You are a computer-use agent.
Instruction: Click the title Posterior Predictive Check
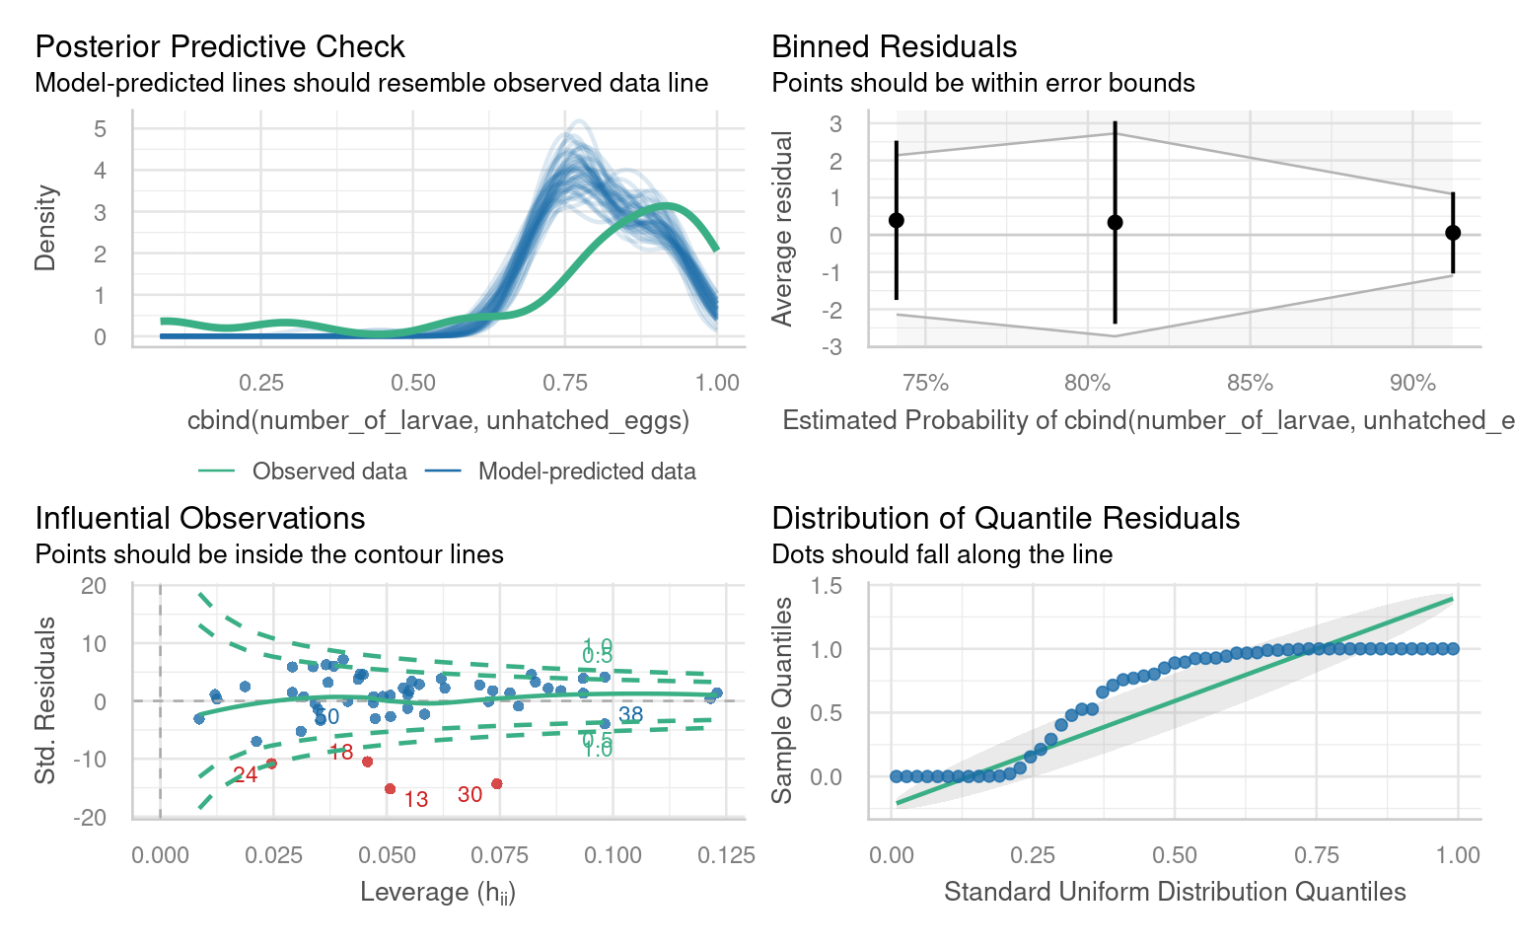219,46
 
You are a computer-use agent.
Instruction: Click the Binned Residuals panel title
894,46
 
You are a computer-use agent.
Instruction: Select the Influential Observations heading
199,518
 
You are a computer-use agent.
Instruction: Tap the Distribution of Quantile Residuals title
1005,518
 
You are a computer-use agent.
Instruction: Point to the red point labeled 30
496,784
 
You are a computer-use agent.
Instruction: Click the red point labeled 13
390,789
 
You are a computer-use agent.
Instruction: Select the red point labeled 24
271,764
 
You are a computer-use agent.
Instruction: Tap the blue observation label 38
630,715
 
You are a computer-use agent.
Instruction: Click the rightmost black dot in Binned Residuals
1453,233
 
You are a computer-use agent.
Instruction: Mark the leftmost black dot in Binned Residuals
897,220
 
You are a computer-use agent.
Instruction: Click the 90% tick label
1411,383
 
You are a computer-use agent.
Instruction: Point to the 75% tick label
925,383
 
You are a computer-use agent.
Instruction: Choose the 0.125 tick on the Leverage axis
726,854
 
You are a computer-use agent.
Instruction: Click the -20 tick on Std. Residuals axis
93,818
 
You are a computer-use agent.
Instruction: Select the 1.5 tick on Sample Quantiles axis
827,586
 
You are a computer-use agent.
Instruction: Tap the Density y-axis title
45,228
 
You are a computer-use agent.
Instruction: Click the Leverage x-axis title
437,893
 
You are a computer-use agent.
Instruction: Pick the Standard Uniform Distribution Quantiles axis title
1174,892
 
